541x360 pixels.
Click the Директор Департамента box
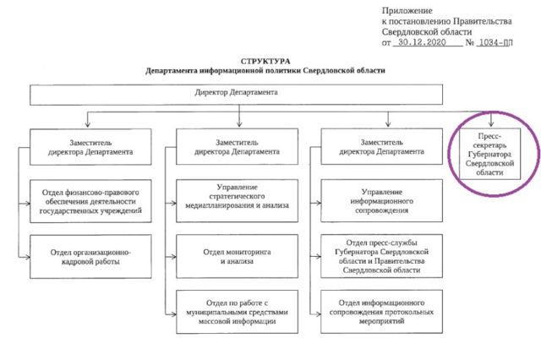[x=237, y=95]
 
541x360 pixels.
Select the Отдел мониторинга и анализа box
[x=237, y=256]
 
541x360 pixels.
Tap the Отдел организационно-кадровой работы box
[x=90, y=257]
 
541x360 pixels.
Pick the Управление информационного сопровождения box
[x=381, y=200]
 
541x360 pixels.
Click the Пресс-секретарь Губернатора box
[x=489, y=154]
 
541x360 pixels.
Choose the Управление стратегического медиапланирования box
[x=237, y=200]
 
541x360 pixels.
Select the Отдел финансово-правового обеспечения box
[x=90, y=201]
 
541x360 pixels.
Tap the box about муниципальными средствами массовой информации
[x=237, y=312]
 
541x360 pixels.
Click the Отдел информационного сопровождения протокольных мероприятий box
[x=381, y=312]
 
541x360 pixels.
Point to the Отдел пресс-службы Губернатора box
[x=381, y=256]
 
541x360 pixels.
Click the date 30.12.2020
[x=422, y=42]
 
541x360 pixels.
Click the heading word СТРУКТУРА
[x=265, y=62]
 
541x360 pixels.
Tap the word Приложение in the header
[x=407, y=11]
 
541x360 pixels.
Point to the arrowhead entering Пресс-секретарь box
[x=491, y=124]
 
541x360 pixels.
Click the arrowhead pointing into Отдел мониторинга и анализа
[x=172, y=257]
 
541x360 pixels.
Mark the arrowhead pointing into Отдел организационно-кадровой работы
[x=26, y=257]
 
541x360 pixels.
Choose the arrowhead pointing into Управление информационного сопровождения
[x=318, y=203]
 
